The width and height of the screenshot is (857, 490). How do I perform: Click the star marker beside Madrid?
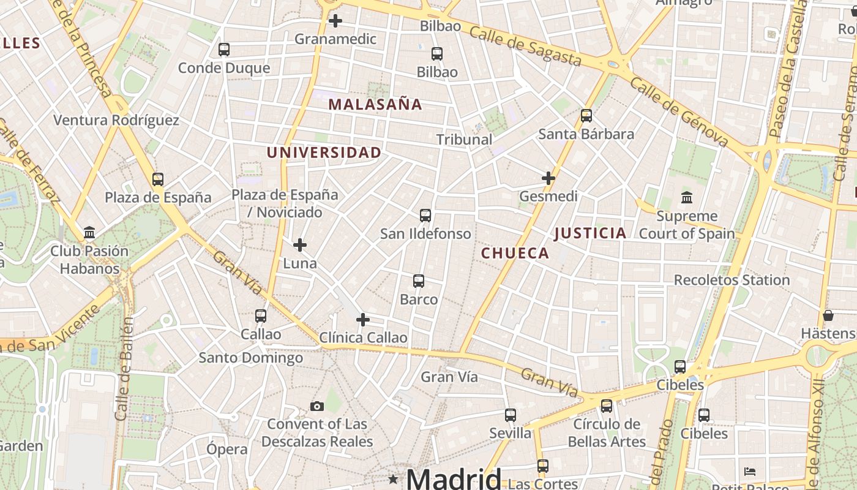(393, 478)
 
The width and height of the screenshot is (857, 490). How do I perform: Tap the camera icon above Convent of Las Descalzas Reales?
(316, 406)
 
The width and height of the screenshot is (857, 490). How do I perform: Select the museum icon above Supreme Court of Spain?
(687, 198)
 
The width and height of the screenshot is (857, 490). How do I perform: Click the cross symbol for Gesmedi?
(548, 178)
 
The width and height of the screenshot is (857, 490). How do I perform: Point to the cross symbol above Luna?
(300, 245)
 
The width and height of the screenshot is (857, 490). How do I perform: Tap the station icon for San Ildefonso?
(425, 216)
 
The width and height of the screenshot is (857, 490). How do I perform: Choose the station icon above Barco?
(419, 281)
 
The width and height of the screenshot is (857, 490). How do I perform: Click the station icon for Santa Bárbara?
(586, 116)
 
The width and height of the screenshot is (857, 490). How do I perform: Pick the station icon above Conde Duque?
(224, 50)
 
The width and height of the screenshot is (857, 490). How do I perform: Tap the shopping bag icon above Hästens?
(828, 315)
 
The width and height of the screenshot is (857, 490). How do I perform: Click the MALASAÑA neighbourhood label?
(375, 105)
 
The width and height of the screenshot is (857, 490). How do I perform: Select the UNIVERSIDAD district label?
(324, 153)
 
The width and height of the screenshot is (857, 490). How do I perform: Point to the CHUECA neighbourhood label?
(515, 254)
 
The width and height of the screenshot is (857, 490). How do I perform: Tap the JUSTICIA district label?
(590, 233)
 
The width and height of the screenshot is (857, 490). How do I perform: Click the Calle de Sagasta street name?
(525, 47)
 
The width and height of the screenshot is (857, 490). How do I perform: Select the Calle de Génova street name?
(679, 112)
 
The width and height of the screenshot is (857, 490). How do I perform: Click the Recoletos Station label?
(732, 280)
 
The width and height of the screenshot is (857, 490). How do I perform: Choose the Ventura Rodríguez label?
(116, 120)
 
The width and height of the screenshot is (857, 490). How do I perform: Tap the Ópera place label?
(227, 449)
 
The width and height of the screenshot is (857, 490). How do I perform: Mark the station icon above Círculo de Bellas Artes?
(607, 406)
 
